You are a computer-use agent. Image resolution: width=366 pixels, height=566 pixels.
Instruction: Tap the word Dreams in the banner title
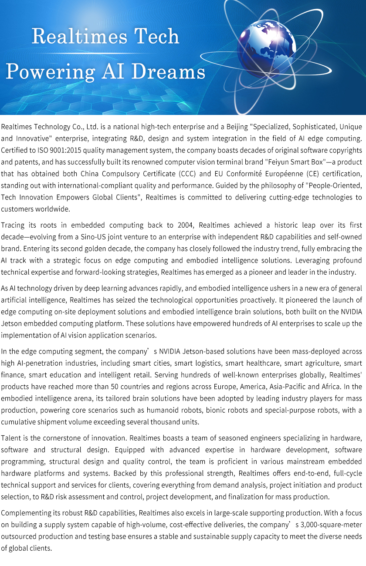[x=168, y=71]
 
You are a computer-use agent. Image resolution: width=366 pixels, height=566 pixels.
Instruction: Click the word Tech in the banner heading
[x=156, y=36]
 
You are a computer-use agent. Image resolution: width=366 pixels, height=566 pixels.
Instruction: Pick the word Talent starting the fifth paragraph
[x=11, y=438]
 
